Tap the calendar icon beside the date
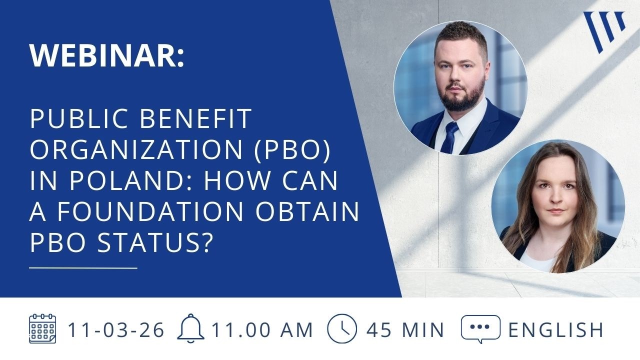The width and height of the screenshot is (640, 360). [42, 329]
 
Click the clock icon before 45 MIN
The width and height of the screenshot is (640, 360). [342, 329]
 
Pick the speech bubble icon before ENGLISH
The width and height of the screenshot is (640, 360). [480, 328]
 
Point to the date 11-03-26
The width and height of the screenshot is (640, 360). [116, 330]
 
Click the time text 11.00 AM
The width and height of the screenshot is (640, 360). [262, 330]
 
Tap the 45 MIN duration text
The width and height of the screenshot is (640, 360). [405, 330]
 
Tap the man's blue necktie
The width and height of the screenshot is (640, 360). [449, 137]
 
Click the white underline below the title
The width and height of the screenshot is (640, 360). [83, 268]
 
